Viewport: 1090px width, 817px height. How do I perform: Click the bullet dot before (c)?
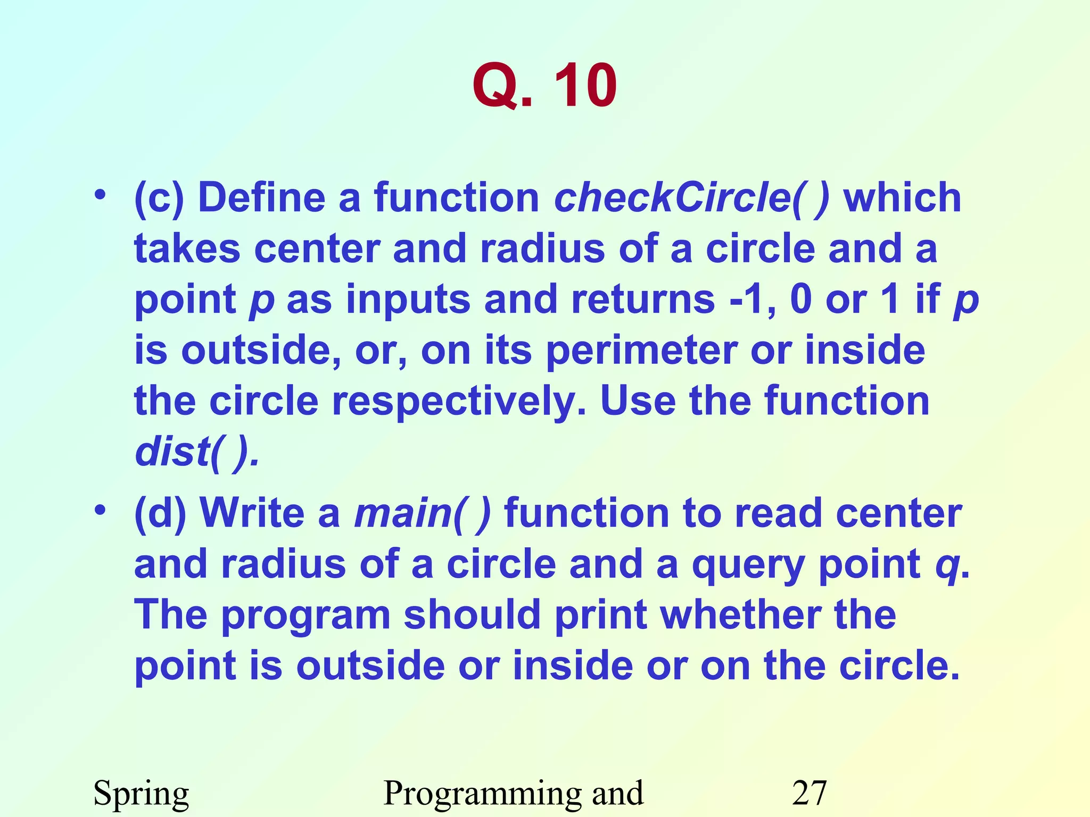pos(100,196)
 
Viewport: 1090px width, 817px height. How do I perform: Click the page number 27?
pos(809,793)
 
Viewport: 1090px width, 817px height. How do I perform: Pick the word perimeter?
pos(642,351)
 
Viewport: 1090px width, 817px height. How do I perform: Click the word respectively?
pos(455,402)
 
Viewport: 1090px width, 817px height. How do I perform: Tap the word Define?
pos(261,198)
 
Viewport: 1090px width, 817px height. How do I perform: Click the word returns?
pos(643,299)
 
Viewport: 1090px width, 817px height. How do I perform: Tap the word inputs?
pos(408,301)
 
